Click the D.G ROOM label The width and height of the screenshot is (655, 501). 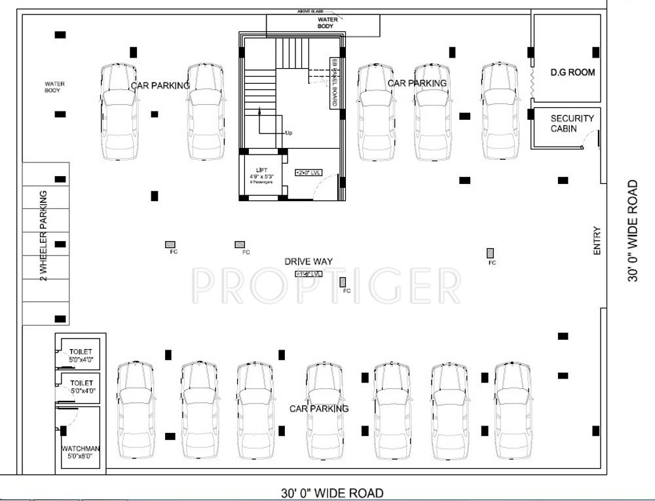pyautogui.click(x=572, y=72)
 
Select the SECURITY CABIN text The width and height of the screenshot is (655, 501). pyautogui.click(x=571, y=123)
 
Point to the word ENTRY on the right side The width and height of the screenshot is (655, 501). pyautogui.click(x=596, y=241)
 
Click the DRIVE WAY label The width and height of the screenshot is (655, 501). pyautogui.click(x=309, y=261)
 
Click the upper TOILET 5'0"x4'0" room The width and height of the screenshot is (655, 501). pyautogui.click(x=82, y=354)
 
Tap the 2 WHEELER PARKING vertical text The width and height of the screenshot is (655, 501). pyautogui.click(x=43, y=235)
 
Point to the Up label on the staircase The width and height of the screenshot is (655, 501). pyautogui.click(x=288, y=133)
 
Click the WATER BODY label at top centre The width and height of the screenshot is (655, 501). pyautogui.click(x=327, y=23)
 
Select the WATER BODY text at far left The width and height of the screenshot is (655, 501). pyautogui.click(x=54, y=86)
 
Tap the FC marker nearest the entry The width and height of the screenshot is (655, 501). pyautogui.click(x=490, y=253)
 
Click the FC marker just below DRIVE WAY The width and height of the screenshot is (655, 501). pyautogui.click(x=343, y=282)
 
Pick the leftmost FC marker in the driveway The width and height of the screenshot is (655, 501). pyautogui.click(x=170, y=244)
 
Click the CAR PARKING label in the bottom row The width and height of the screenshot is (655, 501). pyautogui.click(x=319, y=409)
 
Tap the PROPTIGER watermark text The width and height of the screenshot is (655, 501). pyautogui.click(x=327, y=284)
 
